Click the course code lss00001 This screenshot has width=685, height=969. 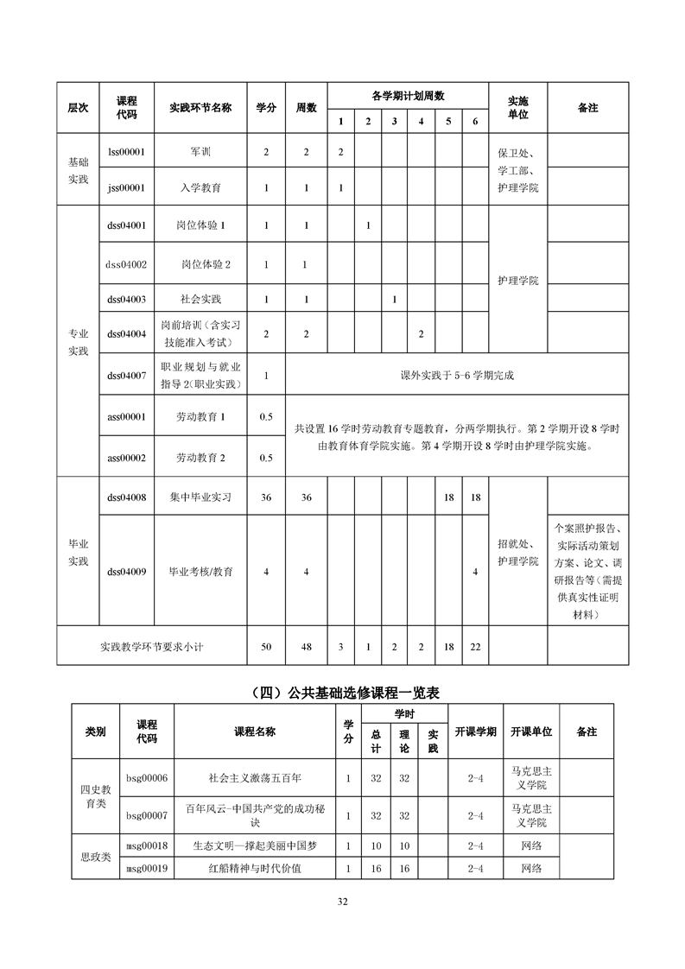coord(125,152)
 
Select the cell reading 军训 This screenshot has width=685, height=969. coord(200,152)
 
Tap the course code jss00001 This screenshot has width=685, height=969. coord(125,187)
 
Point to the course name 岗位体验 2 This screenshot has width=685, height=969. coord(206,264)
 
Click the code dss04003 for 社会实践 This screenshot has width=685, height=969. coord(125,300)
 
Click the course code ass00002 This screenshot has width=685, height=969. coord(125,458)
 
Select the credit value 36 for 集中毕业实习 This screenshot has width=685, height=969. coord(266,497)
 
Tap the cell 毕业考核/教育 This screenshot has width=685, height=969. coord(200,572)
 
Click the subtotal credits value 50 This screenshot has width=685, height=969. coord(266,646)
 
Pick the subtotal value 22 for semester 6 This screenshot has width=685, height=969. coord(475,646)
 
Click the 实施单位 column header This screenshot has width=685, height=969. coord(517,107)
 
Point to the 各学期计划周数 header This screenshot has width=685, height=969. coord(408,96)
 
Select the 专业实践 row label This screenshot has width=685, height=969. coord(79,341)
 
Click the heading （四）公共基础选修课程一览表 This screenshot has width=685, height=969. coord(342,692)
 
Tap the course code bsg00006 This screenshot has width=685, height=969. coord(146,778)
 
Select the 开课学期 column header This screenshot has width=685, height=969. coord(475,731)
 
